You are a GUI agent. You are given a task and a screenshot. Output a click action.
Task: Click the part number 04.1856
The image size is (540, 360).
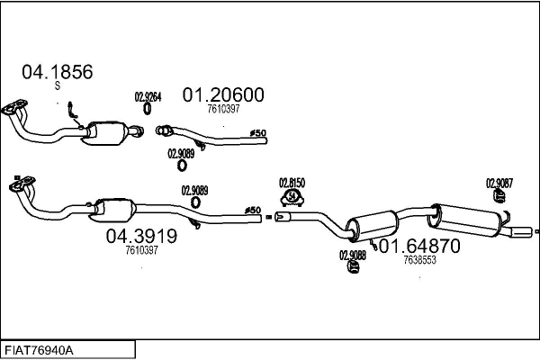coord(57,72)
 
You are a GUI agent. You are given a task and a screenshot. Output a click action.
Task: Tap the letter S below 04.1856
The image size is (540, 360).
coord(57,86)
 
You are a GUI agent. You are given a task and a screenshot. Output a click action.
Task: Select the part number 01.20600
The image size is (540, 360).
coord(223,94)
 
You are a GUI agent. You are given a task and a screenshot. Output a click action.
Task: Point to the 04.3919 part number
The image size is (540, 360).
coord(141,236)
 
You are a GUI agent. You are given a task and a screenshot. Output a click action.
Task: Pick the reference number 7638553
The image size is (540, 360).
coord(420,260)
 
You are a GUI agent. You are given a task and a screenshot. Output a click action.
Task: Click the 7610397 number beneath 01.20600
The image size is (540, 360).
coord(223,109)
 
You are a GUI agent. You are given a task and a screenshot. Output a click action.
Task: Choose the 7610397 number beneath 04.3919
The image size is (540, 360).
coord(141,250)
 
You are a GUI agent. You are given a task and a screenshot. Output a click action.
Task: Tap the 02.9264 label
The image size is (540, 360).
coord(148,97)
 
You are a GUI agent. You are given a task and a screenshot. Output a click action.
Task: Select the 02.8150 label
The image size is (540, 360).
coord(292,181)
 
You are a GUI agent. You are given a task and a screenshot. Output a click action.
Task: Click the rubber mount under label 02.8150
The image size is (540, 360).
coord(292,197)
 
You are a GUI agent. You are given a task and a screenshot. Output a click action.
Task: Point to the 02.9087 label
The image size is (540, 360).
coord(499,183)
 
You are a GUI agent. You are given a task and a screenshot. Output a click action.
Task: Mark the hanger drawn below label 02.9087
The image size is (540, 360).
coord(499,197)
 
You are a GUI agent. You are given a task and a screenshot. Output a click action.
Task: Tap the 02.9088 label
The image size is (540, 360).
coord(352,255)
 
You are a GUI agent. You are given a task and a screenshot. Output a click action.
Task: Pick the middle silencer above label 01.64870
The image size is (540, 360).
coord(371,222)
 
